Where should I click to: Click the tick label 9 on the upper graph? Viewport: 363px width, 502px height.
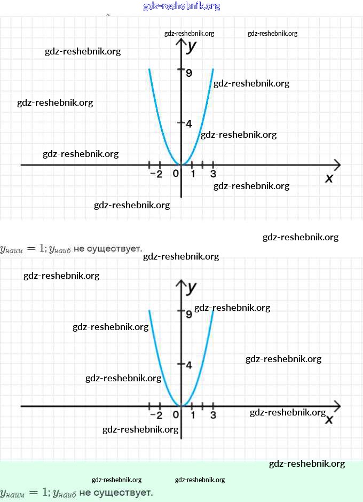pos(189,73)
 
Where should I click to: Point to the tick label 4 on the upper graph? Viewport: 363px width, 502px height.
pos(189,123)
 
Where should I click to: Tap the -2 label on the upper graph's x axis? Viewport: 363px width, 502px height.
pos(156,174)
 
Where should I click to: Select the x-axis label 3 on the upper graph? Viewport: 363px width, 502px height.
pos(213,174)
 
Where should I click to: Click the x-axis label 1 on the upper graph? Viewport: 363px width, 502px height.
pos(193,174)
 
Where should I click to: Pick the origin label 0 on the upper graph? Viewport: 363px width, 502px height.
pos(176,174)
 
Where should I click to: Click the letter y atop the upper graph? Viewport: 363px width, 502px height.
pos(192,46)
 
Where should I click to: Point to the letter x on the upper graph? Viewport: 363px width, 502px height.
pos(329,178)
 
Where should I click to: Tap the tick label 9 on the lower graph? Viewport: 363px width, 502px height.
pos(189,314)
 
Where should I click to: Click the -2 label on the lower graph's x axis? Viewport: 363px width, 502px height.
pos(156,415)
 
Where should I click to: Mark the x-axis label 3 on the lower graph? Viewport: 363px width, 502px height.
pos(213,415)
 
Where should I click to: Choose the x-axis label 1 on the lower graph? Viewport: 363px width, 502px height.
pos(193,415)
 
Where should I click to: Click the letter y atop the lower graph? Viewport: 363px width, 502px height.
pos(192,287)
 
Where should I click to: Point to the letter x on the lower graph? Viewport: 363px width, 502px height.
pos(329,420)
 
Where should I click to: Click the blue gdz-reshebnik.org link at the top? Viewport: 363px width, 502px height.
pos(181,6)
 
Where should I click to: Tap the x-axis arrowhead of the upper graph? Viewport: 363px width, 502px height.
pos(337,164)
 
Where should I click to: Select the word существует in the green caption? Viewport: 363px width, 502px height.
pos(116,492)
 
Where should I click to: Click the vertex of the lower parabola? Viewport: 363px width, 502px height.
pos(181,406)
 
